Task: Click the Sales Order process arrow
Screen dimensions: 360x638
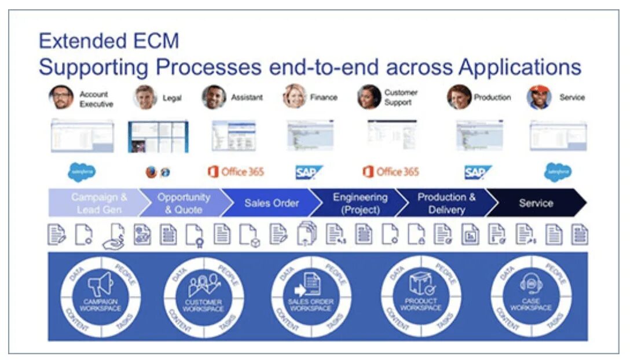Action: click(271, 203)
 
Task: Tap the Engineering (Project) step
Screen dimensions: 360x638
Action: click(360, 203)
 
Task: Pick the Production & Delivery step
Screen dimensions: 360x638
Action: click(446, 203)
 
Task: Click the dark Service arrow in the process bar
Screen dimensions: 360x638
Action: click(536, 203)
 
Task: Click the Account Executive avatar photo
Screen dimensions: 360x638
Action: click(61, 97)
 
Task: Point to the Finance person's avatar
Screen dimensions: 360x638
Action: click(294, 97)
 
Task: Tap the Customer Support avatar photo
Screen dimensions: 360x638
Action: click(369, 97)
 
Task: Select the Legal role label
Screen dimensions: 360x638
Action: click(172, 98)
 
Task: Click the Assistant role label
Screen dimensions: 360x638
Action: click(247, 98)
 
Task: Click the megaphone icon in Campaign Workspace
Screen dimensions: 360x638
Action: click(100, 285)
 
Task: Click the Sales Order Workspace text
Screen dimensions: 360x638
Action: click(312, 305)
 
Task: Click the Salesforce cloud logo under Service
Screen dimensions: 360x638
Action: click(557, 172)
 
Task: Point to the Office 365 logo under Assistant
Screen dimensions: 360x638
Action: click(236, 172)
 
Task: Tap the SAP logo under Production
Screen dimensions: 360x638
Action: click(478, 172)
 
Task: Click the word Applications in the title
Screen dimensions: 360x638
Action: click(519, 67)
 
